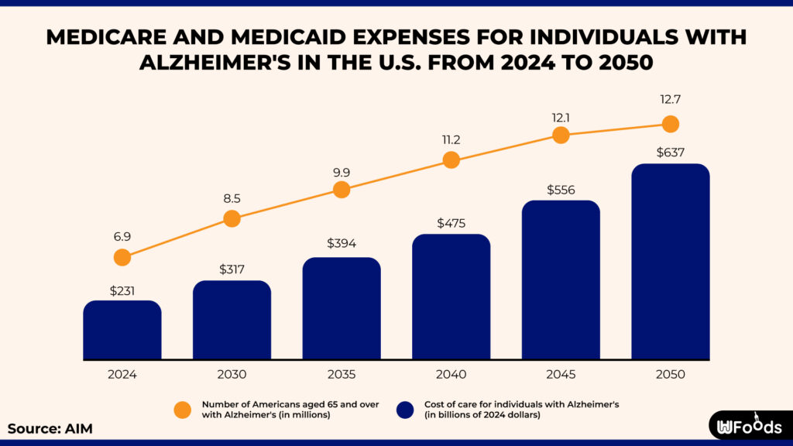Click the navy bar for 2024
coord(122,331)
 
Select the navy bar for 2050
coord(671,262)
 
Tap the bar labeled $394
coord(342,309)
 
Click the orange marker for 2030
coord(232,218)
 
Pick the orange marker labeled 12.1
coord(561,135)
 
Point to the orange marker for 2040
coord(451,160)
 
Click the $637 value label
coord(671,151)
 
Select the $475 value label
coord(451,223)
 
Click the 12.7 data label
coord(671,100)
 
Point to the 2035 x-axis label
coord(342,375)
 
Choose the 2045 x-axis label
coord(561,375)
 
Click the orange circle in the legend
coord(183,410)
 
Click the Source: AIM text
coord(50,428)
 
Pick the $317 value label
coord(232,269)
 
